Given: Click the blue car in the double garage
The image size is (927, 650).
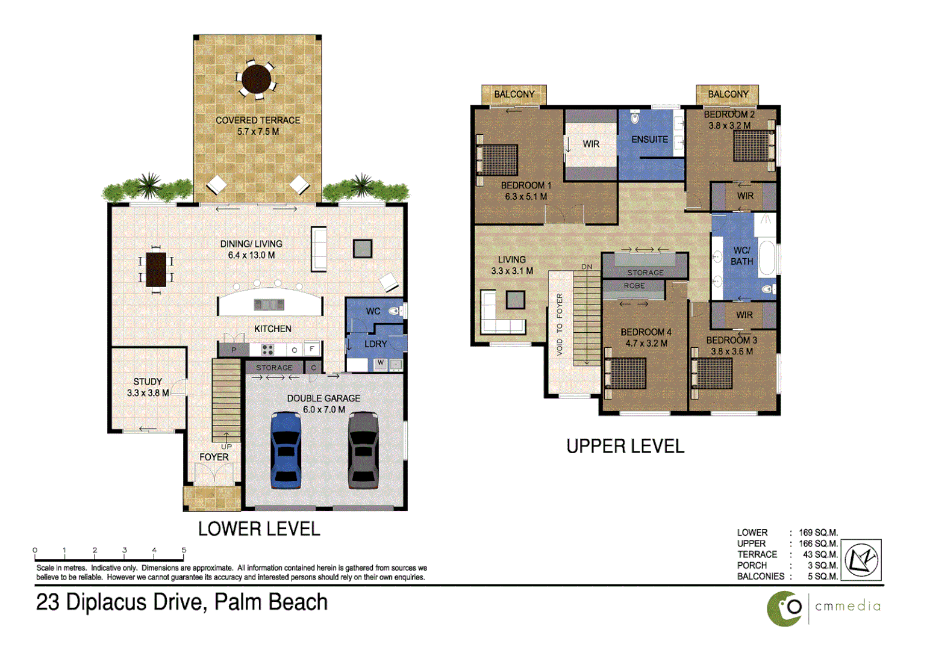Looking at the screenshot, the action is tap(286, 450).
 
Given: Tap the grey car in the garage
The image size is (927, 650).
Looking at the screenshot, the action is tap(363, 450).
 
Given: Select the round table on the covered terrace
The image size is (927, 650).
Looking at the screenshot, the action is tap(257, 79).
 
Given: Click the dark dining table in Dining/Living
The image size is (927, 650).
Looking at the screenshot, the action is tap(156, 269).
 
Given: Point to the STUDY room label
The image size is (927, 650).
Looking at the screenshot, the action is tap(148, 382).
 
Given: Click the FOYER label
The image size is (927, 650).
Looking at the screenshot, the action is tap(214, 457).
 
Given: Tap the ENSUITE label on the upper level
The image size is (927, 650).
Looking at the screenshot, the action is tap(649, 140).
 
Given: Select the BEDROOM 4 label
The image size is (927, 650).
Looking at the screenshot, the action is tap(646, 332).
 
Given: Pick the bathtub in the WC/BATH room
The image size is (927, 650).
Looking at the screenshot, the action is tap(766, 258).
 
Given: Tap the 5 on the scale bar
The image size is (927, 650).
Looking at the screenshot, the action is tap(184, 550).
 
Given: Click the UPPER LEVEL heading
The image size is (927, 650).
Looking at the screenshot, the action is tap(625, 447).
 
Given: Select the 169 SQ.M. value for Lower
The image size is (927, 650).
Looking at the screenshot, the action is tap(818, 533).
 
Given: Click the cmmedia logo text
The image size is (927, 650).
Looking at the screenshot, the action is tap(847, 607).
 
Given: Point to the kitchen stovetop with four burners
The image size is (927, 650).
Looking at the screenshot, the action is tap(267, 350).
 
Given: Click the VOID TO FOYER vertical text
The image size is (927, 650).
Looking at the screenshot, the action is tap(560, 324).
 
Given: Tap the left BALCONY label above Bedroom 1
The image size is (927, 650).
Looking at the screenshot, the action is tap(514, 94).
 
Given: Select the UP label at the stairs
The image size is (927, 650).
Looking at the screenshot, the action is tap(226, 447).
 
